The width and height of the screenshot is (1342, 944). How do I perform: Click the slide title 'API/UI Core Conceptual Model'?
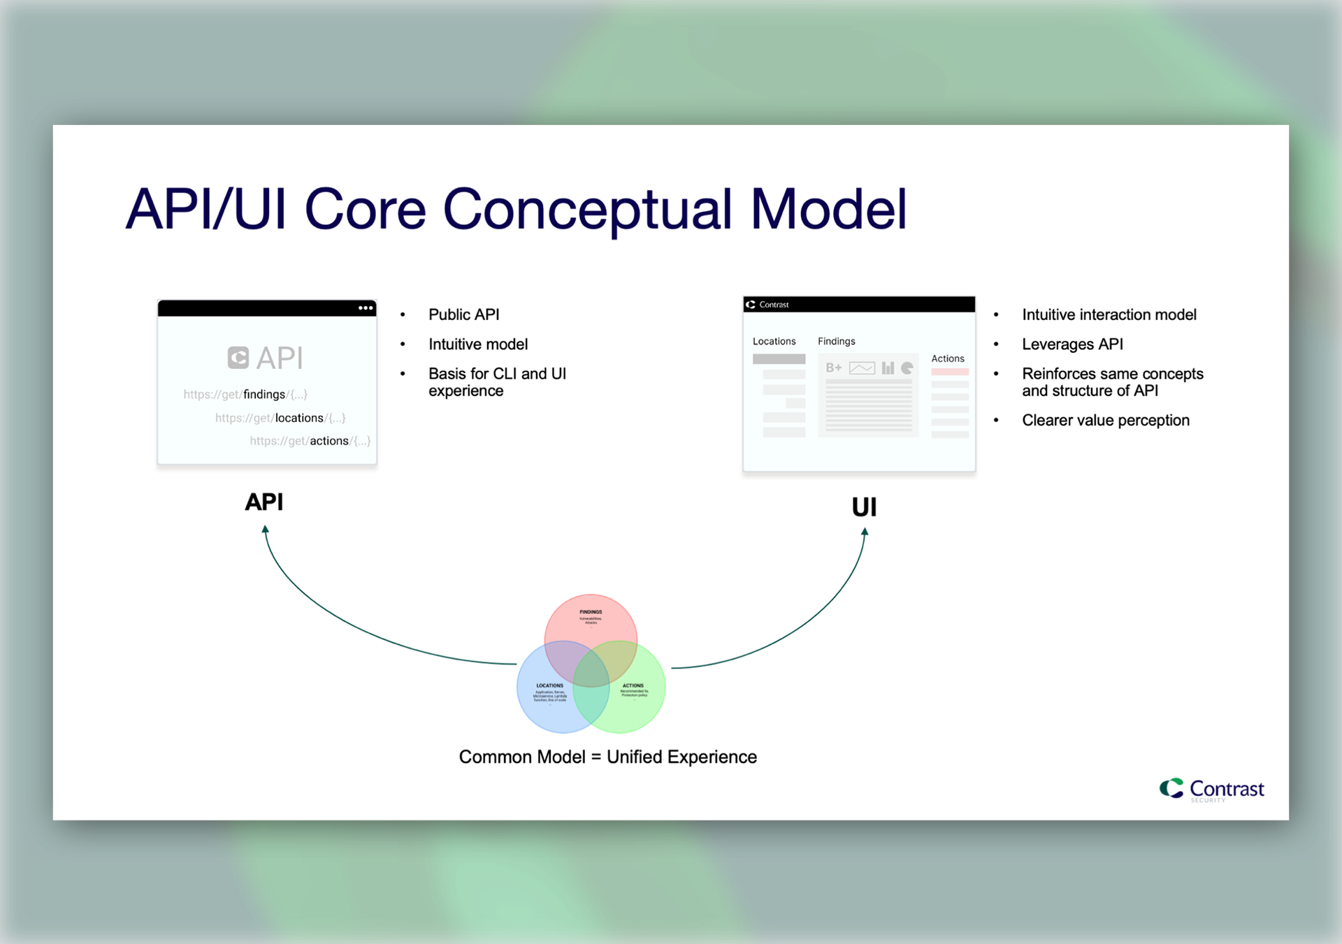(x=516, y=209)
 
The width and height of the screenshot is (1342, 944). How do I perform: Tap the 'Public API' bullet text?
(x=463, y=314)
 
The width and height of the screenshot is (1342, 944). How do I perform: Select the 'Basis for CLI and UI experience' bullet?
(x=497, y=382)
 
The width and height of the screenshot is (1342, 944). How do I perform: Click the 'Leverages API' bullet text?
(x=1072, y=344)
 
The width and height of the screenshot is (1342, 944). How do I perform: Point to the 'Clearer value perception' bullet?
(x=1105, y=420)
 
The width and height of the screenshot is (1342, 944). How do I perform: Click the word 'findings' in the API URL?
(x=264, y=394)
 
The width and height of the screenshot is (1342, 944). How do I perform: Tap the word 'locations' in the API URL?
(x=299, y=418)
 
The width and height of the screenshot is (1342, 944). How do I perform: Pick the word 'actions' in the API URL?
(x=329, y=441)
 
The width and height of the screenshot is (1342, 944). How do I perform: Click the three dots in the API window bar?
(x=366, y=308)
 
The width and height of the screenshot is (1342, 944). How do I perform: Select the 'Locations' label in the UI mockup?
(x=774, y=341)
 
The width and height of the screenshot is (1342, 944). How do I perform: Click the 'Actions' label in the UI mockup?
(x=947, y=358)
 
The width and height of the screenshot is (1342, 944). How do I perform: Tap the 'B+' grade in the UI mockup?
(x=833, y=368)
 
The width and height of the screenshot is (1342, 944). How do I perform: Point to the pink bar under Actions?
(x=950, y=372)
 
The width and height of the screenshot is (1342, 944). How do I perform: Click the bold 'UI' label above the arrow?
(x=864, y=507)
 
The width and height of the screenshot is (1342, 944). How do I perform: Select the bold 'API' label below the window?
(x=264, y=502)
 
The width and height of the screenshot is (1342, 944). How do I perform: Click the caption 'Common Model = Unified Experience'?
(x=607, y=757)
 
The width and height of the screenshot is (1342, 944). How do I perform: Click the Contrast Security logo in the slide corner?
(x=1212, y=790)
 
